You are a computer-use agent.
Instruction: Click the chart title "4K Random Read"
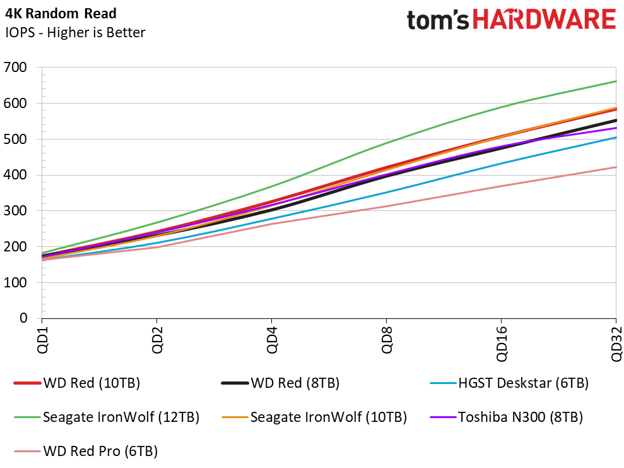point(61,13)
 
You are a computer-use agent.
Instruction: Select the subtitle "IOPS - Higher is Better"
point(75,32)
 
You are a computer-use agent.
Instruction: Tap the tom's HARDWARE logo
point(512,20)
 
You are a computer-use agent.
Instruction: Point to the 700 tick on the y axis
point(16,68)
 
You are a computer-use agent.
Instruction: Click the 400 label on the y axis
point(16,174)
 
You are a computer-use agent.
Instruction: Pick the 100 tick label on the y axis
point(16,282)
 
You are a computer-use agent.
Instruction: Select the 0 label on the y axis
point(23,318)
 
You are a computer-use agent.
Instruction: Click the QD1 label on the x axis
point(42,340)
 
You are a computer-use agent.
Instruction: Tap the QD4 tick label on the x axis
point(272,340)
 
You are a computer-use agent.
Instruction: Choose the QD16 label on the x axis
point(502,344)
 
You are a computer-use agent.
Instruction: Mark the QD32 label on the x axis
point(616,344)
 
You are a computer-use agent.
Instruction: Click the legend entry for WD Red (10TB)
point(77,383)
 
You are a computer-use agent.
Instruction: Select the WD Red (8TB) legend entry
point(280,383)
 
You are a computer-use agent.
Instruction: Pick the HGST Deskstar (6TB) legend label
point(509,383)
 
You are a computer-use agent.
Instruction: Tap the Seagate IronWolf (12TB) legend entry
point(107,417)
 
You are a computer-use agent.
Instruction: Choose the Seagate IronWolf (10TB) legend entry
point(314,417)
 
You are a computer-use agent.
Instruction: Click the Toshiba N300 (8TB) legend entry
point(506,417)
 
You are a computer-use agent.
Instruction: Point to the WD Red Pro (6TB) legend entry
point(86,452)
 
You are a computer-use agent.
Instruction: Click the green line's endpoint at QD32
point(616,81)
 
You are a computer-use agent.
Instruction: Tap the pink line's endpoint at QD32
point(616,167)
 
